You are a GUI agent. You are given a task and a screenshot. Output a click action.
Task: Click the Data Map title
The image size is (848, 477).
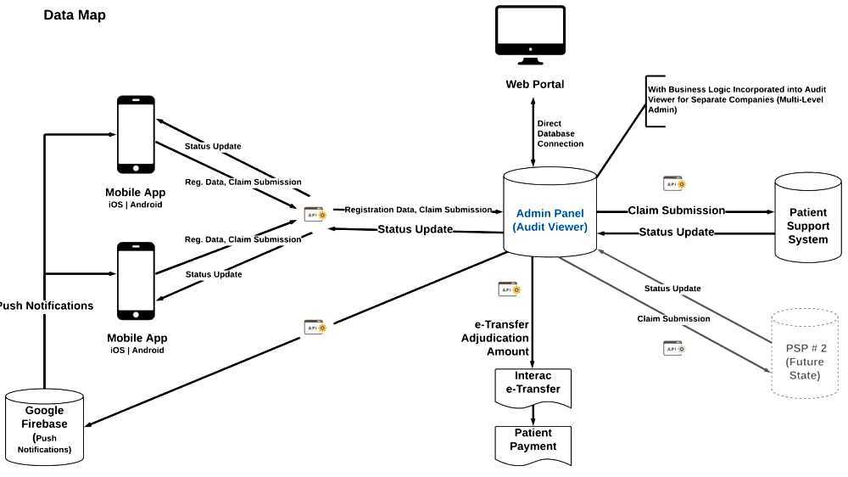[75, 15]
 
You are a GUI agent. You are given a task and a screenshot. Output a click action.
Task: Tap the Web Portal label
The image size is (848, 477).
[534, 84]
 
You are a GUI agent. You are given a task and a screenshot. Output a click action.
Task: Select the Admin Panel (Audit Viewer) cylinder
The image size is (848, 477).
[550, 212]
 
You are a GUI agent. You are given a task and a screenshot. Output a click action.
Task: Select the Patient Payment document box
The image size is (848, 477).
[533, 441]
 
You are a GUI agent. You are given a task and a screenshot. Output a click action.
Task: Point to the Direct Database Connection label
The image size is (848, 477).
[560, 134]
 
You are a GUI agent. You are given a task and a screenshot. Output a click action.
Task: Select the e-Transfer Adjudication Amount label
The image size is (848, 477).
[501, 338]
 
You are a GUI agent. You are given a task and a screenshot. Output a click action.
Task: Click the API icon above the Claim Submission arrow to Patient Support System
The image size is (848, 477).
[674, 183]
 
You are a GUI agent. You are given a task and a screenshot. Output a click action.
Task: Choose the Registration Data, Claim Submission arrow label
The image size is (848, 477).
[418, 210]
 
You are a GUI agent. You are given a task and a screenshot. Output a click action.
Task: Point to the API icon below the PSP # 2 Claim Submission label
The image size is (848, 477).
[674, 348]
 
